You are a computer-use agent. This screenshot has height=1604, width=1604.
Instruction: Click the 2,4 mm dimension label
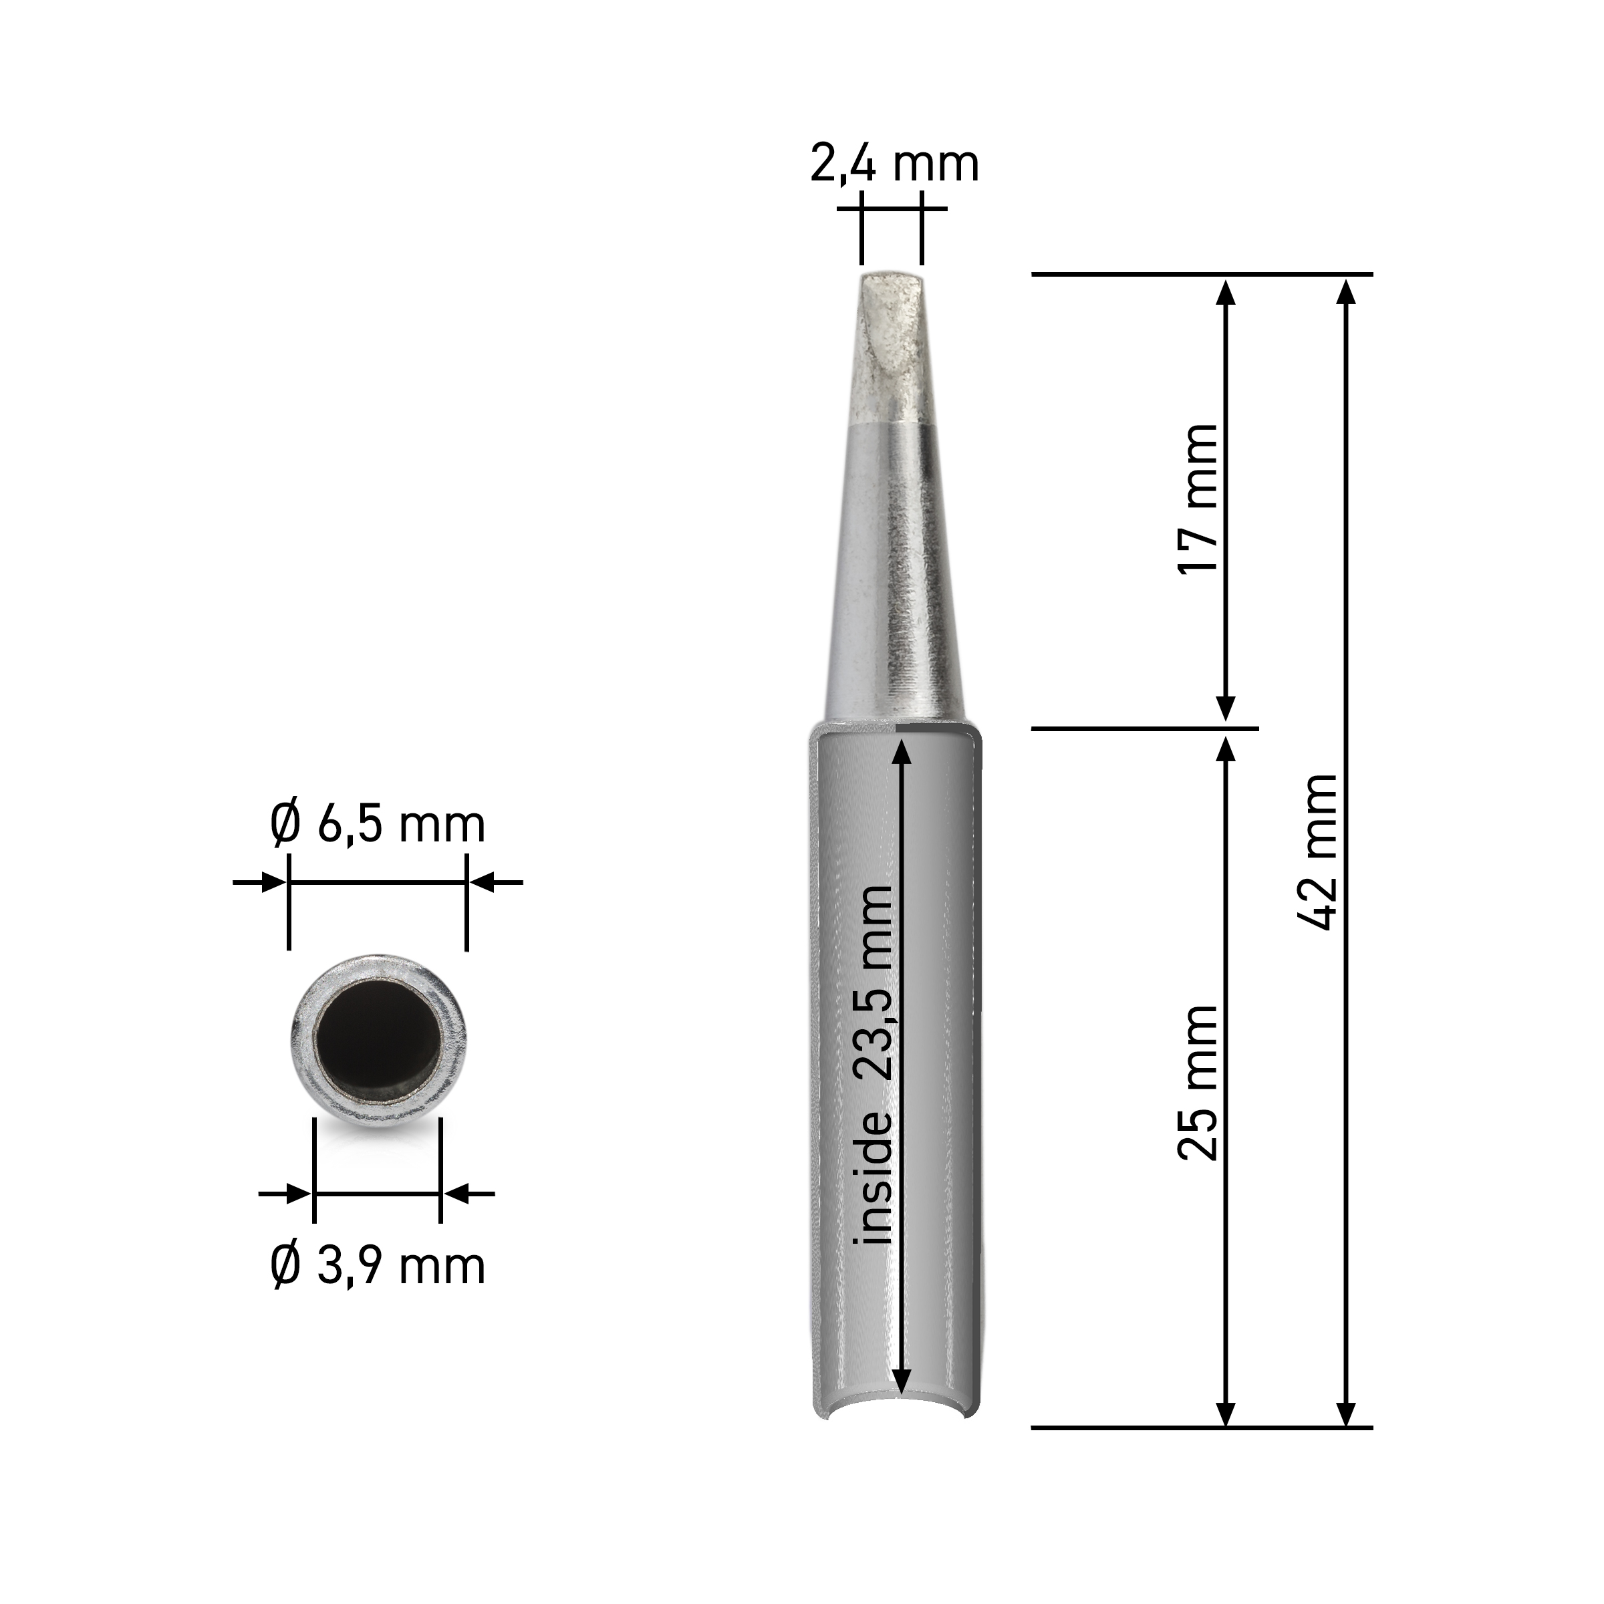pyautogui.click(x=894, y=164)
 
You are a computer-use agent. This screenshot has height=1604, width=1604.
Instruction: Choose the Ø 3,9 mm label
pyautogui.click(x=378, y=1266)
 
